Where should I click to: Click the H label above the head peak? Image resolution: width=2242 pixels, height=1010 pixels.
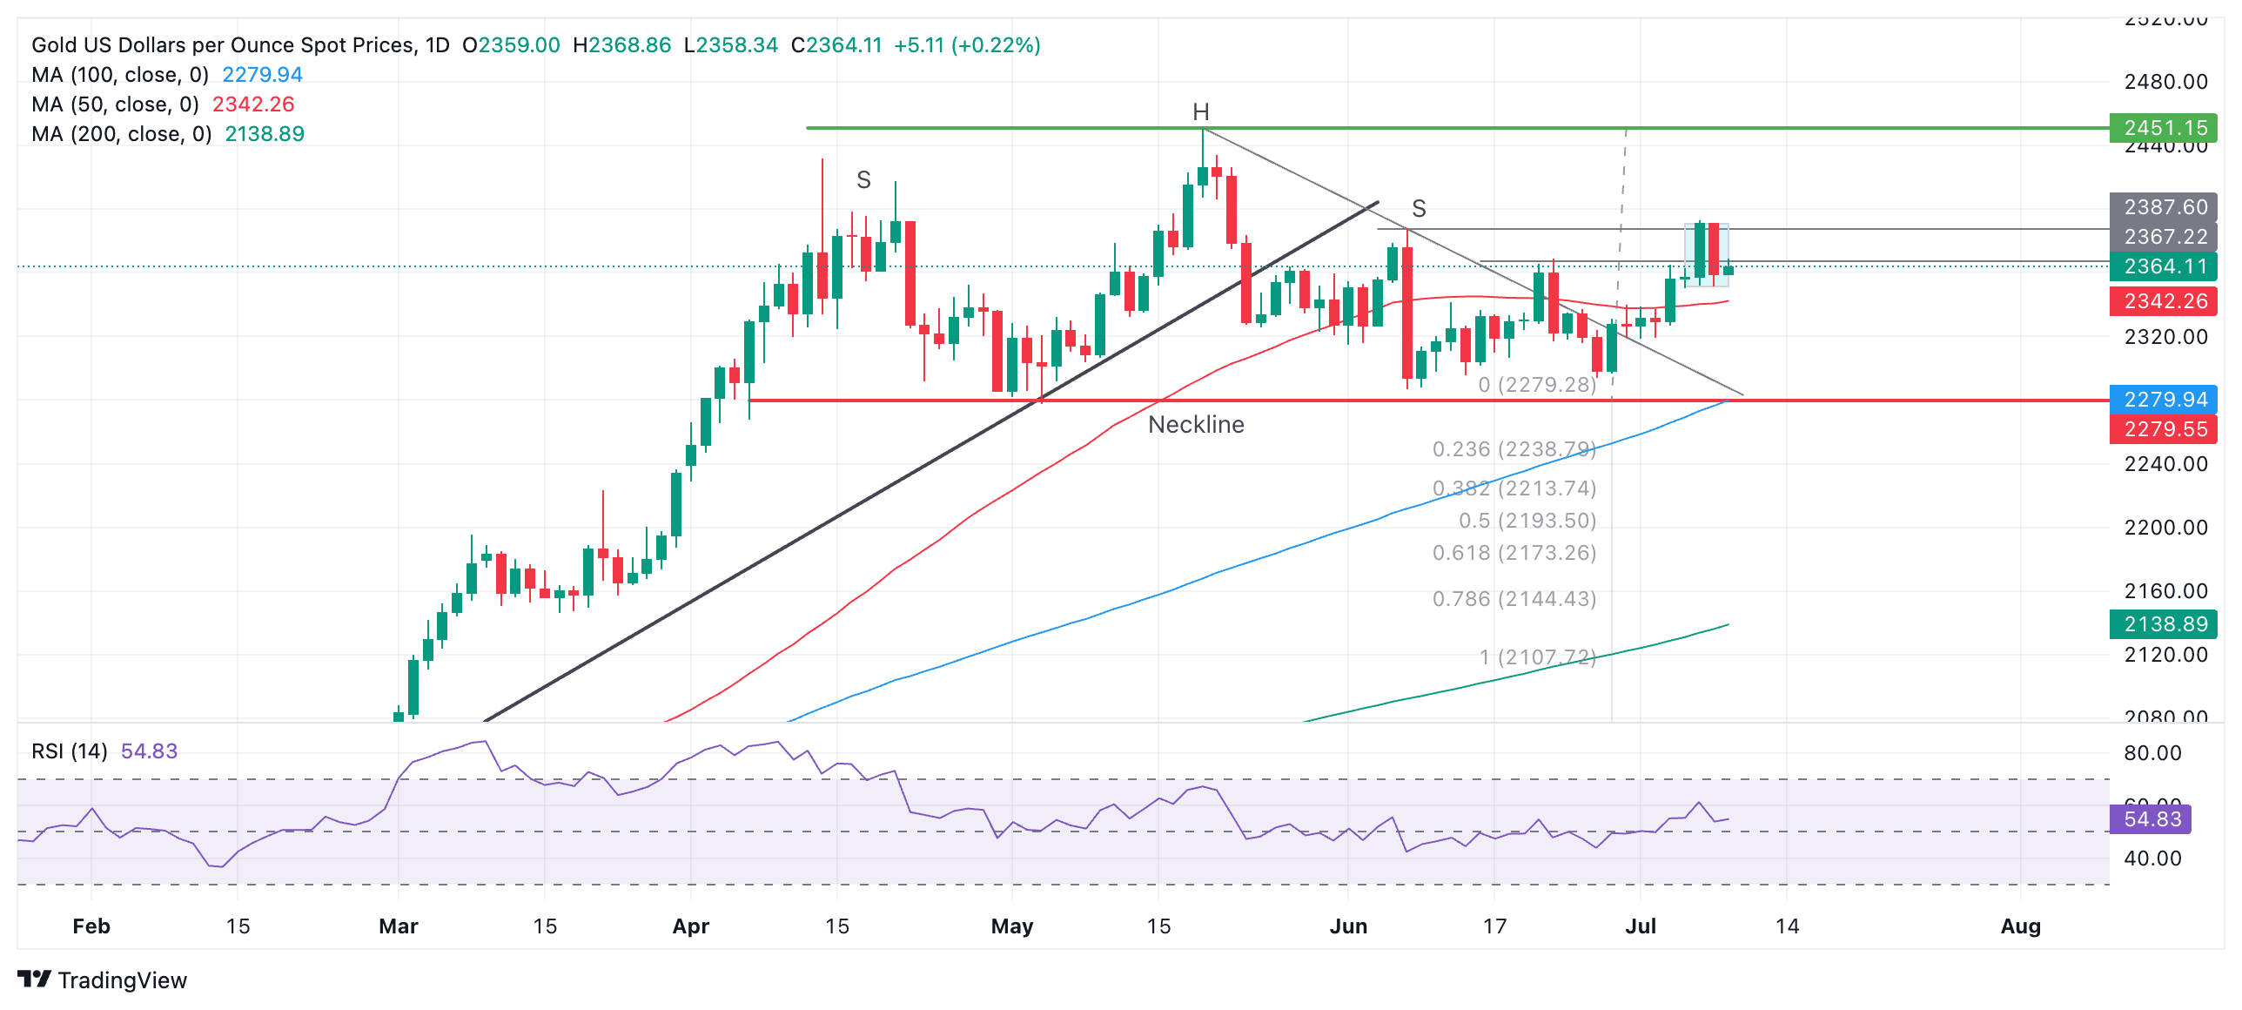click(1200, 112)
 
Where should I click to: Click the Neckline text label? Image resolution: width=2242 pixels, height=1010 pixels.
click(1196, 425)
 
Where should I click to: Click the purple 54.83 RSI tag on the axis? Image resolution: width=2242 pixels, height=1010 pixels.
click(2151, 819)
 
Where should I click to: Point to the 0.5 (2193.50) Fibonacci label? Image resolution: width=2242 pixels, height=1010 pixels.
click(1527, 521)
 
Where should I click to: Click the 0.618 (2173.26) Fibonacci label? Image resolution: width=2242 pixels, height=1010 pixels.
click(1514, 553)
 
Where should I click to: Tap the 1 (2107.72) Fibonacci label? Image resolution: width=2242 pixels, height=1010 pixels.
click(1537, 657)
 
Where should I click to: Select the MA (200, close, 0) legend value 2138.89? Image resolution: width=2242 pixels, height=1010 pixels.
click(265, 134)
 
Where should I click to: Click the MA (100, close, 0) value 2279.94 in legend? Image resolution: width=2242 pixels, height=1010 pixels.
click(262, 75)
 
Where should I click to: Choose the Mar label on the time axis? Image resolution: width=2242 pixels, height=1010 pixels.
click(399, 926)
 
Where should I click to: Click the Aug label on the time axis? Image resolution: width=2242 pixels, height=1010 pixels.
click(2020, 926)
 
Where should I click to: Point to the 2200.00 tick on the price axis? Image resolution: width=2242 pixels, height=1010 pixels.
click(2165, 528)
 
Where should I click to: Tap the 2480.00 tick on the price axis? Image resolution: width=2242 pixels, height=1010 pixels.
click(2165, 82)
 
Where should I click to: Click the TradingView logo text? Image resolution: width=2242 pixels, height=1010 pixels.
click(122, 980)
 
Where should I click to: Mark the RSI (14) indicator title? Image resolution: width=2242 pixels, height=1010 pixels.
click(70, 751)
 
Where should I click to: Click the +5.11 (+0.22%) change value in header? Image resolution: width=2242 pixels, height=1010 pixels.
click(967, 45)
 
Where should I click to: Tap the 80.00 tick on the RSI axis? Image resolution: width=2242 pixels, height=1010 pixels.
click(2152, 753)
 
